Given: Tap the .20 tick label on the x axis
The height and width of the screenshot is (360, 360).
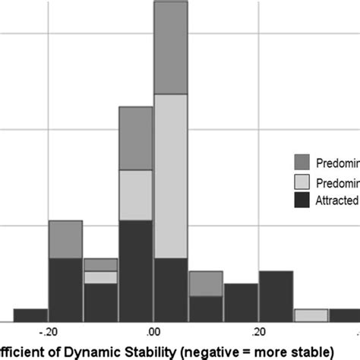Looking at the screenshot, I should pyautogui.click(x=258, y=332).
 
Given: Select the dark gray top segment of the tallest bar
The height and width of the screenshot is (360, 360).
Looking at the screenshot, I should pyautogui.click(x=171, y=48).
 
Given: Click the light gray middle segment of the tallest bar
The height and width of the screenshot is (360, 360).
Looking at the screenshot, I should pyautogui.click(x=171, y=175).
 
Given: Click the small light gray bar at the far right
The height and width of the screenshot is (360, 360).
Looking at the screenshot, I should pyautogui.click(x=311, y=315).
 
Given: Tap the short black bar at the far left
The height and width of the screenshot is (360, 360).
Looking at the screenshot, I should pyautogui.click(x=31, y=314).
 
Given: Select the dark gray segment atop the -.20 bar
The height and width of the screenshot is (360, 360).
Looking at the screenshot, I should pyautogui.click(x=65, y=239).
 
